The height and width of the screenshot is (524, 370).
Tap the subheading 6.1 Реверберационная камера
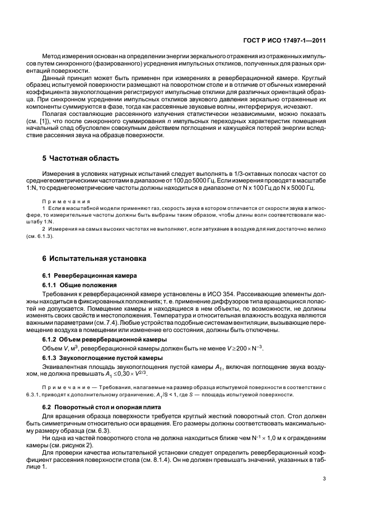click(87, 276)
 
